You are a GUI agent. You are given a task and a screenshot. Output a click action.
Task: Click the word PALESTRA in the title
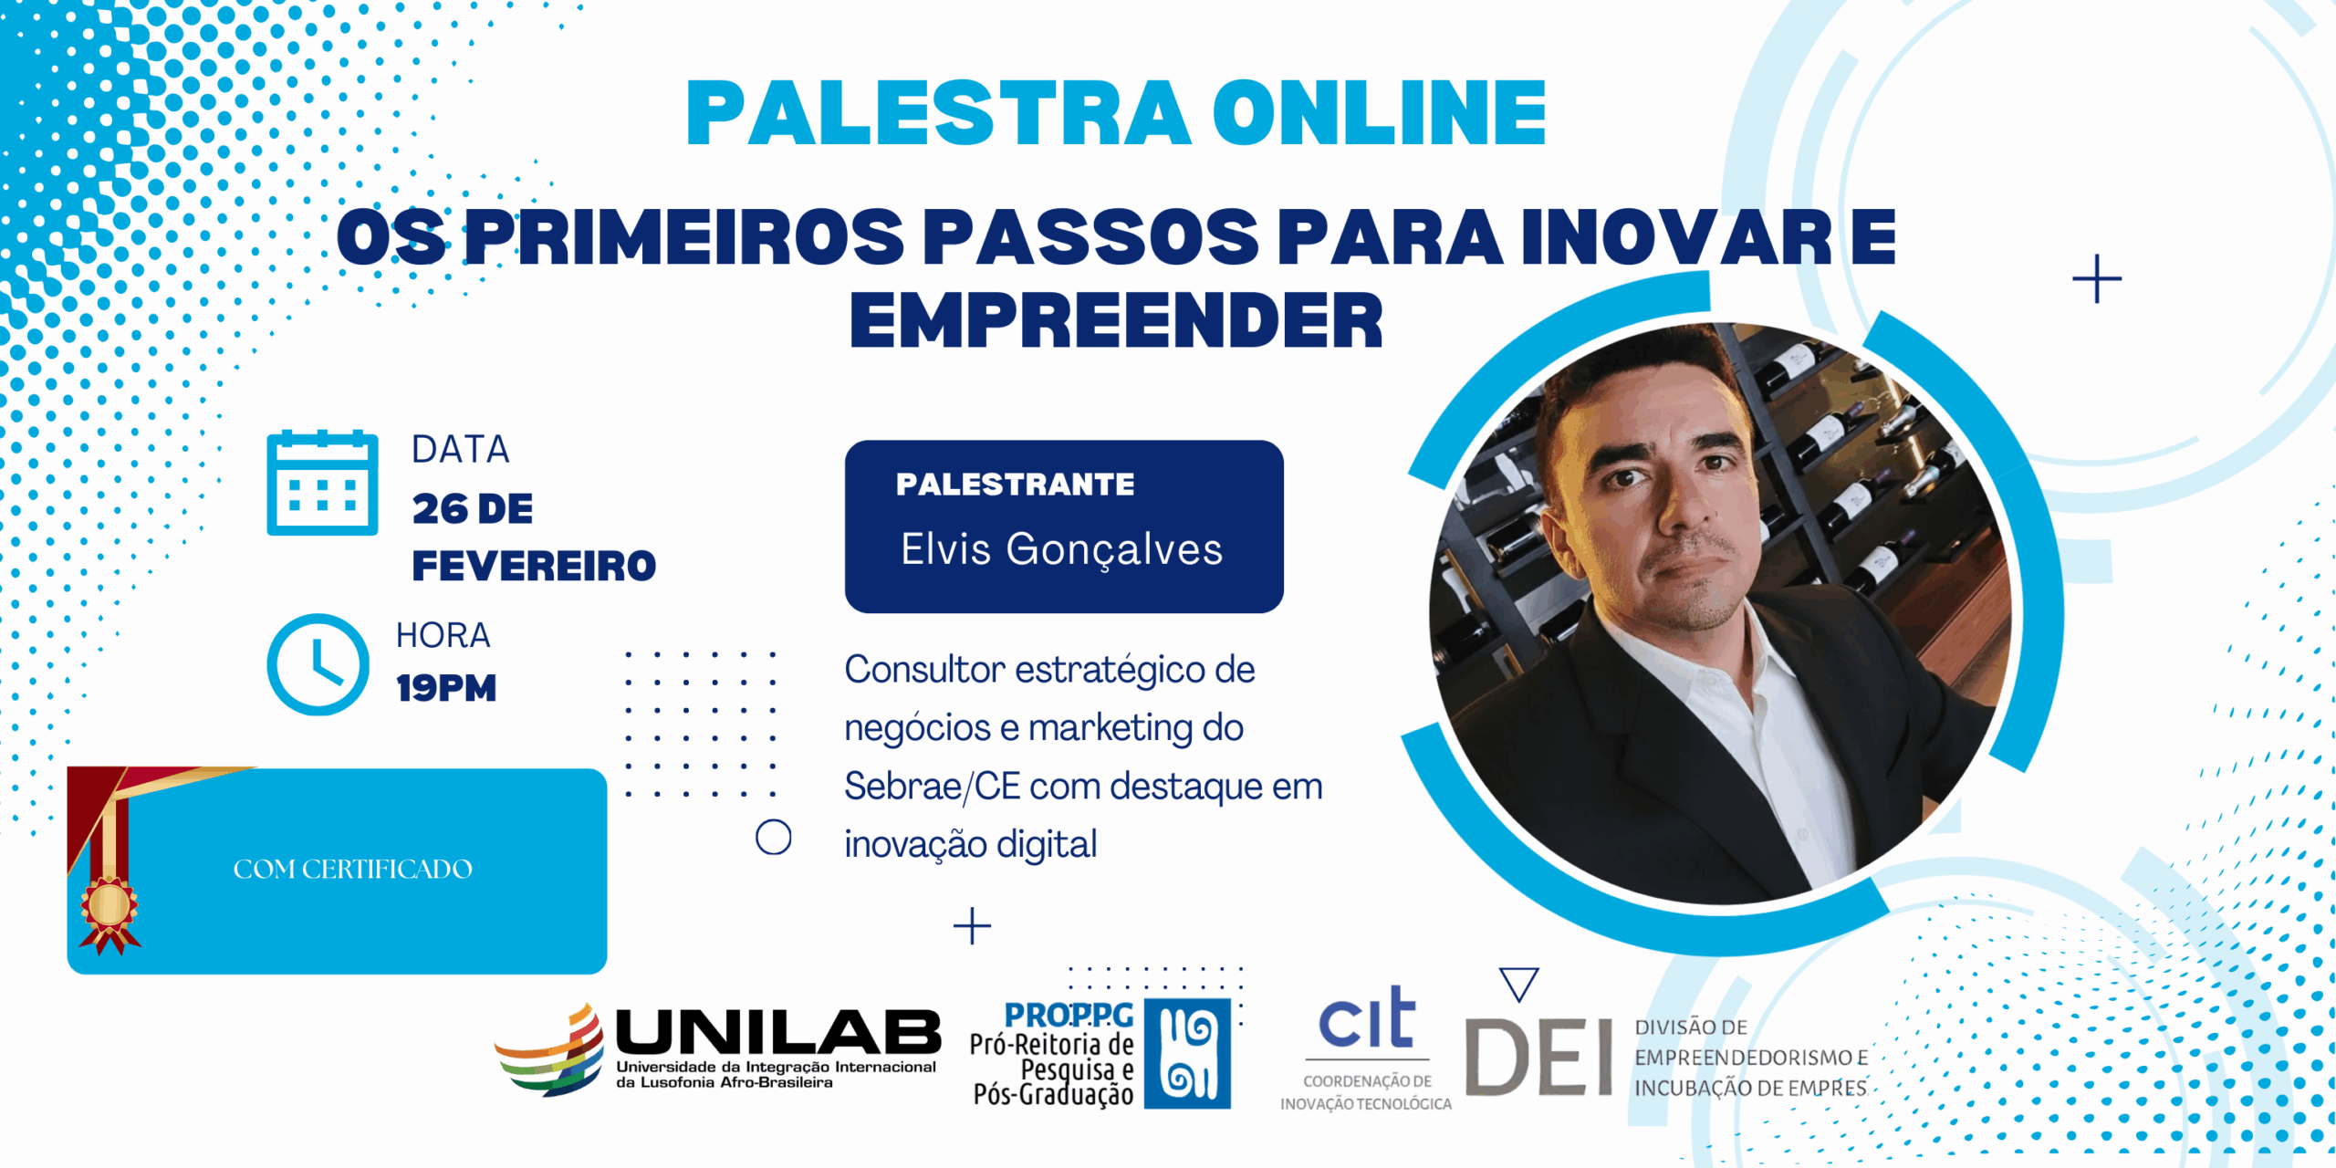coord(938,113)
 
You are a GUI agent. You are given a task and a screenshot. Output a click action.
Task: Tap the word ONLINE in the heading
coord(1379,113)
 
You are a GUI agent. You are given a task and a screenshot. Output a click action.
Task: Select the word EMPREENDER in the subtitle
coord(1116,320)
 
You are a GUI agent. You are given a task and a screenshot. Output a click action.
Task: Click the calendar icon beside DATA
coord(322,483)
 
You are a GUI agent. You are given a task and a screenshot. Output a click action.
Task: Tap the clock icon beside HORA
coord(318,664)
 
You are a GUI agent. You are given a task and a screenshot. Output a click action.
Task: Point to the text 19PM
coord(446,688)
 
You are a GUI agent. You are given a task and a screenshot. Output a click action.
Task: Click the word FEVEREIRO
coord(534,566)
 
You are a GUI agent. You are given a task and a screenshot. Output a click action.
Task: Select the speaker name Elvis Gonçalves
coord(1061,549)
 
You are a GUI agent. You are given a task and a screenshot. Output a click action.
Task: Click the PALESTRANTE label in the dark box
coord(1015,484)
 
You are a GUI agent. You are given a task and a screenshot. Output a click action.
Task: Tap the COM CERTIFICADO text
coord(352,869)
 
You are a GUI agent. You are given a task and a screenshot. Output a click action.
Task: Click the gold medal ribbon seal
coord(109,908)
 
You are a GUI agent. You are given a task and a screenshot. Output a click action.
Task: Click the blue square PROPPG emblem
coord(1187,1053)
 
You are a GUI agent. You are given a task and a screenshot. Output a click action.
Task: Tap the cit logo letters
coord(1366,1019)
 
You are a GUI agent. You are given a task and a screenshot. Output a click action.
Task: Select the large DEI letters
coord(1539,1057)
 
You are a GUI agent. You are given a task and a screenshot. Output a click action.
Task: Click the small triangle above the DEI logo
coord(1519,983)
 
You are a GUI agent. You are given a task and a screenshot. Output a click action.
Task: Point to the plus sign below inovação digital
coord(972,926)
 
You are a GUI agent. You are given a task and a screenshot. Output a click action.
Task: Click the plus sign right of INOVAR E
coord(2096,278)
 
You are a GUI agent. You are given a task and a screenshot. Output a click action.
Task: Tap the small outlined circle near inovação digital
coord(773,837)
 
